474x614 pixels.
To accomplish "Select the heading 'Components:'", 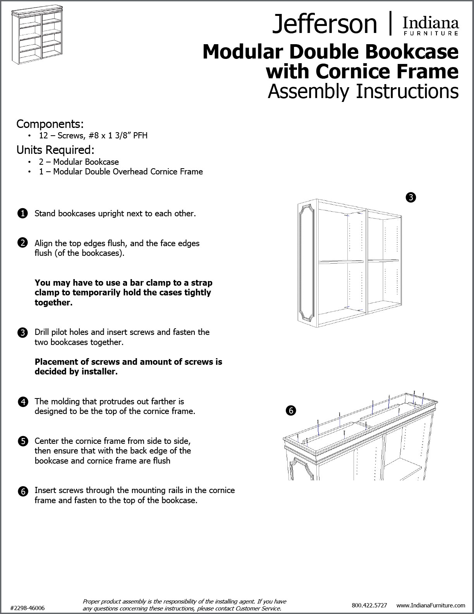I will [x=50, y=124].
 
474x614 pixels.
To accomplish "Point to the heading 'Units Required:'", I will [x=55, y=150].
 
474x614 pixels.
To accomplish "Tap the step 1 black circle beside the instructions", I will [x=22, y=214].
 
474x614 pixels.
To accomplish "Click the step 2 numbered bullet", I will [x=22, y=243].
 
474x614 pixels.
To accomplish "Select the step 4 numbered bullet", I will [x=22, y=402].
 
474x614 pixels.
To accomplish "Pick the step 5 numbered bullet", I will [x=22, y=441].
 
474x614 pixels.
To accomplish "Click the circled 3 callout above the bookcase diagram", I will [x=410, y=198].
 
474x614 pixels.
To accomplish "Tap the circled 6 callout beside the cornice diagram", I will [x=290, y=410].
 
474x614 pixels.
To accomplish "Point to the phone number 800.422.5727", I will [x=369, y=605].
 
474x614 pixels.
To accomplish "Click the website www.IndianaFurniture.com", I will [x=431, y=605].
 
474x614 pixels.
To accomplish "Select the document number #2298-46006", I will [x=27, y=608].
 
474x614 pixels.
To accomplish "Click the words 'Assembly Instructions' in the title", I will [x=363, y=91].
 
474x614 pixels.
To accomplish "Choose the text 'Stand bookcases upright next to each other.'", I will [x=115, y=214].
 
